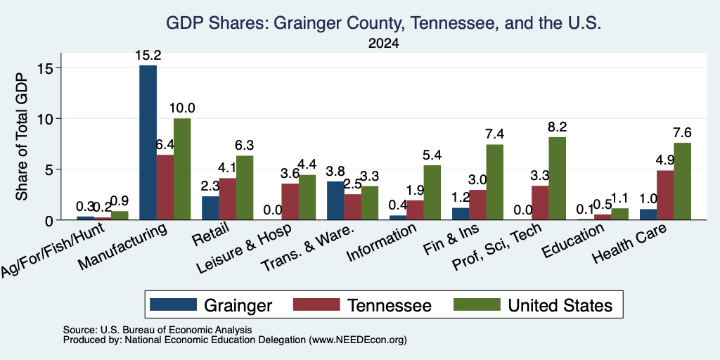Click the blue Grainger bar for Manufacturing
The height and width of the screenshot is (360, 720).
(x=148, y=142)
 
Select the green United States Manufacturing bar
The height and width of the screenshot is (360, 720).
(x=182, y=169)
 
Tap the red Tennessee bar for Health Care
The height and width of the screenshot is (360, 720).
(x=665, y=195)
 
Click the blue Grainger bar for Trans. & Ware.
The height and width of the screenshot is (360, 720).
(x=335, y=200)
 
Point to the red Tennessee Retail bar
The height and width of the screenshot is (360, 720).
(x=228, y=199)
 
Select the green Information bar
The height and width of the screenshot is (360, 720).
(x=432, y=193)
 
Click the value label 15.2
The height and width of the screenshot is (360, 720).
(x=148, y=56)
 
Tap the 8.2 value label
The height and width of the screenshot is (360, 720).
(x=558, y=127)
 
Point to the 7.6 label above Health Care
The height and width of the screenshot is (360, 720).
(x=682, y=133)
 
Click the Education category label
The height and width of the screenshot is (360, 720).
(x=572, y=241)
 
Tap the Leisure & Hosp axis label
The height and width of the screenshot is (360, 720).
(x=244, y=250)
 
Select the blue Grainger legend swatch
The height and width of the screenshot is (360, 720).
(x=173, y=304)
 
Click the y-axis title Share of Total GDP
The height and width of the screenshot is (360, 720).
(x=22, y=136)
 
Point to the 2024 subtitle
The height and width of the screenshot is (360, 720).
(x=383, y=44)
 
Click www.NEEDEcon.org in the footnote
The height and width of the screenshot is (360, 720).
(x=358, y=340)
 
